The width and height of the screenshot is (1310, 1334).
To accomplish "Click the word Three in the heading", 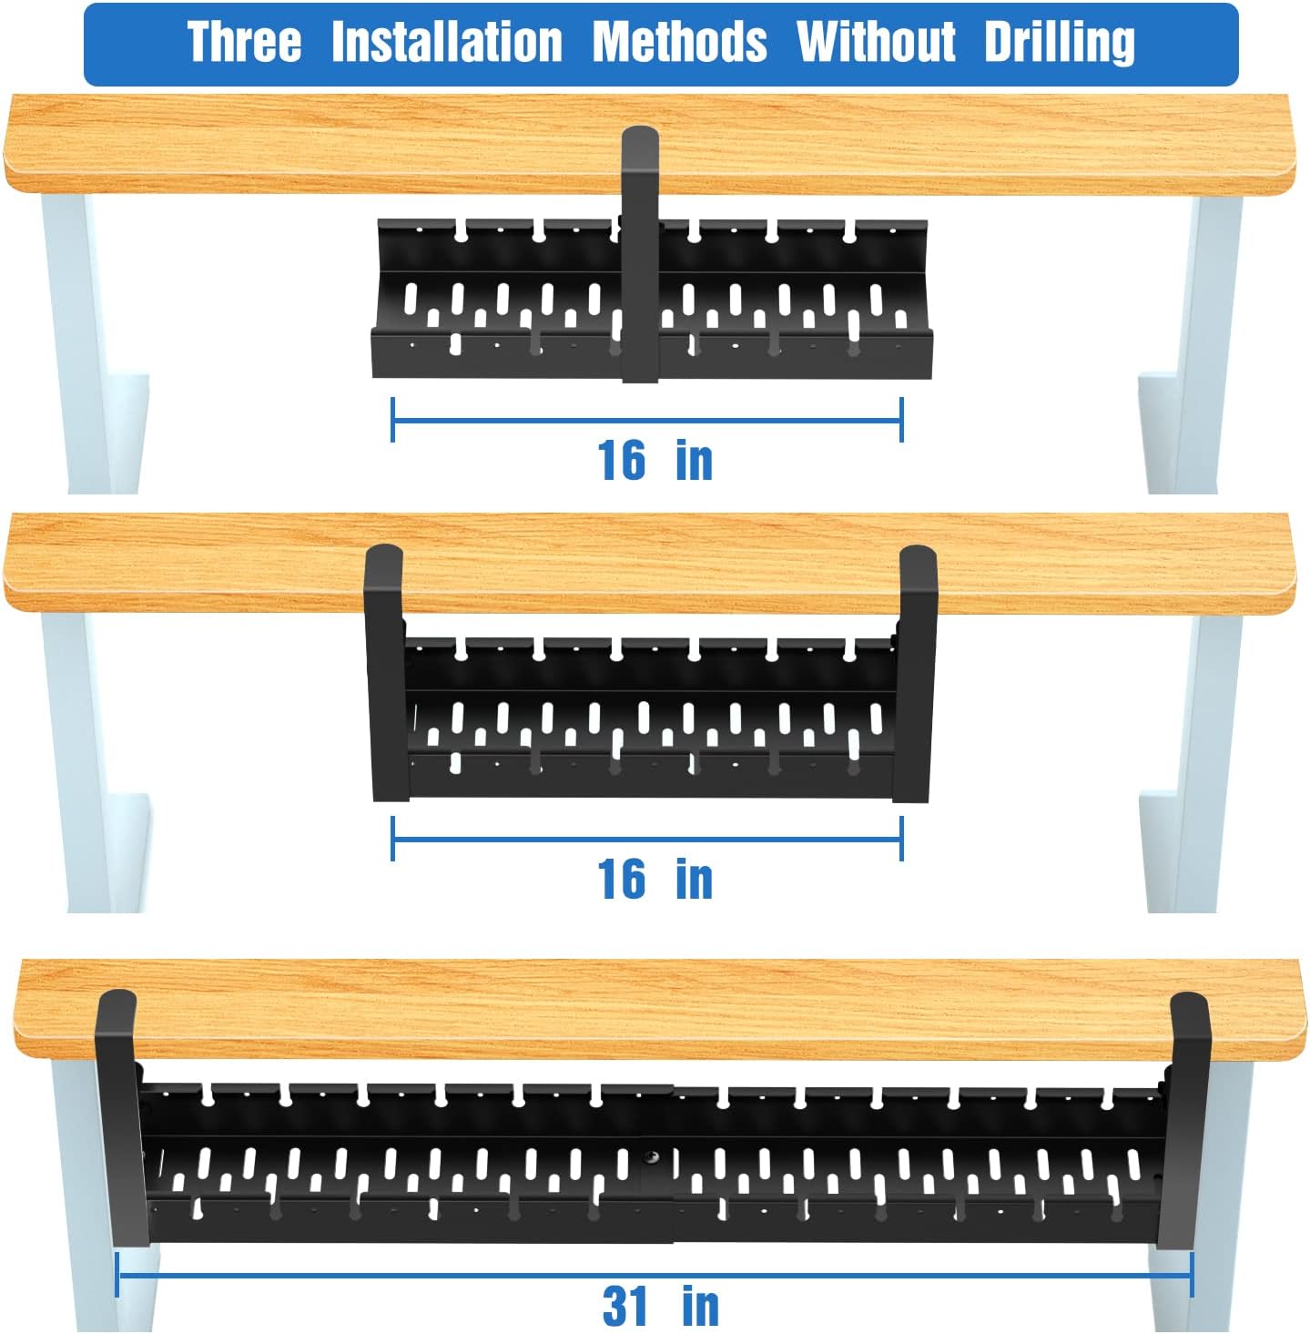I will coord(243,43).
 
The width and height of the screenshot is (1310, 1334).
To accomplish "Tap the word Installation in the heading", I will coord(446,43).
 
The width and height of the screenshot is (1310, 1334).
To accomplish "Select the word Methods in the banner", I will coord(679,43).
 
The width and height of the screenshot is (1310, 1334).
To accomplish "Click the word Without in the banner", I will coord(876,43).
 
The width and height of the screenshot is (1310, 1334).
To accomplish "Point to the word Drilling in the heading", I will coord(1059,43).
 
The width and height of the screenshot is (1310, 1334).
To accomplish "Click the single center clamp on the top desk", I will coord(640,255).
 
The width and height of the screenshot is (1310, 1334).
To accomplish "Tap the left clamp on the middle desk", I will coord(386,674).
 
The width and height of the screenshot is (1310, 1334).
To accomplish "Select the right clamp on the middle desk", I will coord(916,674).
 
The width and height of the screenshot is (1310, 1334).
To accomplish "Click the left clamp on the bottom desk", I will coord(118,1120).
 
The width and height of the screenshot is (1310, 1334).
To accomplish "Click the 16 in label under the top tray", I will coord(654,461).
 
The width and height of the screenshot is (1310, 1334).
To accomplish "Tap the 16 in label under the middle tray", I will coord(654,880).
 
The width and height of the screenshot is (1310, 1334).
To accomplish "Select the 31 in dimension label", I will coord(660,1306).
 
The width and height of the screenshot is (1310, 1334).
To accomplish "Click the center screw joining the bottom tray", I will coord(653,1157).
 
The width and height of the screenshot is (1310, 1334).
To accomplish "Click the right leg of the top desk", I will coord(1202,346).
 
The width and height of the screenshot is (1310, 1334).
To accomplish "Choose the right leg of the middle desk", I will coord(1202,765).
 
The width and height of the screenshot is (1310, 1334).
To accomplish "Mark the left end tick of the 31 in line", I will coord(117,1274).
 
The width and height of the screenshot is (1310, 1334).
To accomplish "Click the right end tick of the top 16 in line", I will coord(901,420).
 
